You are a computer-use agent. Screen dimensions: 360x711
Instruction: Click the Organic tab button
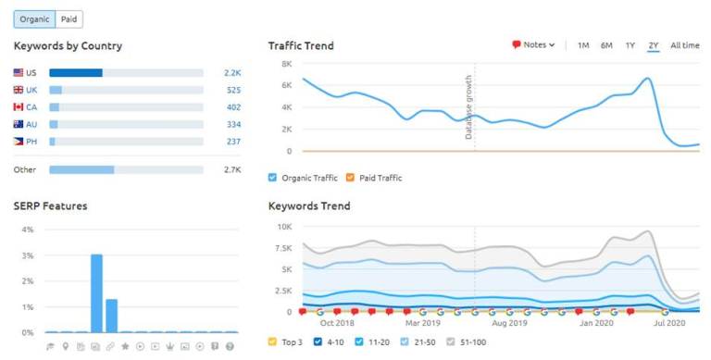(34, 19)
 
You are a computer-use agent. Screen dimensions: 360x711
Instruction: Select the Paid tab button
(69, 19)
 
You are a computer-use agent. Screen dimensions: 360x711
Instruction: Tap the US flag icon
(19, 72)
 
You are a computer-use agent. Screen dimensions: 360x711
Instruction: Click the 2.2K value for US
(231, 72)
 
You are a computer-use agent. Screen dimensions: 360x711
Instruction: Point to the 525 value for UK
(233, 90)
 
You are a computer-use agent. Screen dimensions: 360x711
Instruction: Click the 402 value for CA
(233, 107)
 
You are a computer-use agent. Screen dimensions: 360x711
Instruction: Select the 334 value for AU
(233, 124)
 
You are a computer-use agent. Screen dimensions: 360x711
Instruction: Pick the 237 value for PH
(233, 142)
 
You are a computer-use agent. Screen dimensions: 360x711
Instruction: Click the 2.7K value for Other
(231, 170)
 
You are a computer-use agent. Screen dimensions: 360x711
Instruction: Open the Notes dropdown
(533, 44)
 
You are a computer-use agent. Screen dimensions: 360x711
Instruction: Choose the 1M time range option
(583, 45)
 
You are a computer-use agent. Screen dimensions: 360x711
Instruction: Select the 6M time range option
(606, 45)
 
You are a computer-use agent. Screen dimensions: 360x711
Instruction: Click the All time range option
(685, 45)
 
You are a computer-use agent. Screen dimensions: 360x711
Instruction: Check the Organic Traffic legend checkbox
(273, 178)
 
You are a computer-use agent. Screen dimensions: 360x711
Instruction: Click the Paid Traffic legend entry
(381, 178)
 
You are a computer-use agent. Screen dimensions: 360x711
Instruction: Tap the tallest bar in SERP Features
(96, 292)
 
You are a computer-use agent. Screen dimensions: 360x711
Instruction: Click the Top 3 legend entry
(287, 342)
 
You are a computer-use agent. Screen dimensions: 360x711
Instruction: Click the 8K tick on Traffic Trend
(287, 64)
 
